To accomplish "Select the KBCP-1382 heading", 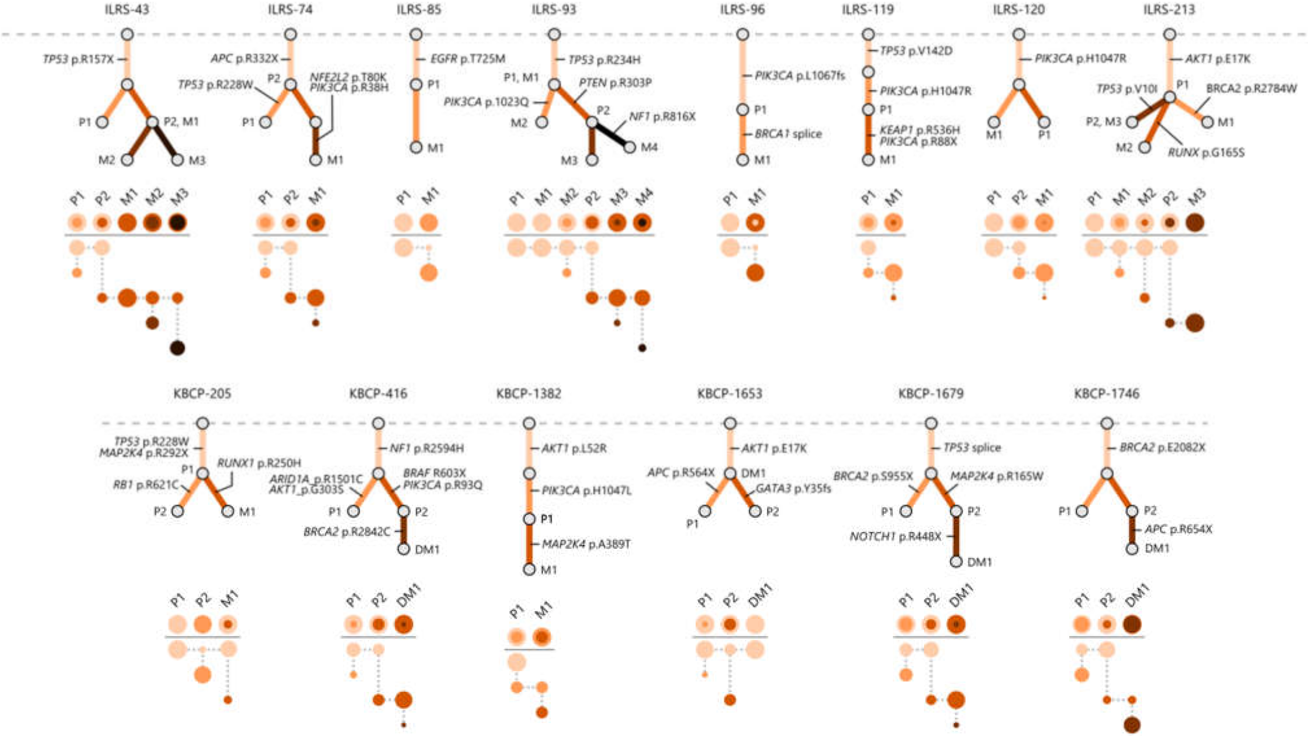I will (529, 394).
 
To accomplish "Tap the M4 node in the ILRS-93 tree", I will (630, 147).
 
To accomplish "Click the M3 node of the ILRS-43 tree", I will (177, 160).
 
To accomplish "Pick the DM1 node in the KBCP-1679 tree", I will (956, 562).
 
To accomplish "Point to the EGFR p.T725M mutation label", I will (468, 59).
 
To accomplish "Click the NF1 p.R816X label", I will (662, 117).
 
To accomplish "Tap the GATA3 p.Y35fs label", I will (793, 489).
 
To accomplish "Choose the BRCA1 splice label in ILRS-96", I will (787, 134).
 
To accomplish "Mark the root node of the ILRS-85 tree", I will (416, 34).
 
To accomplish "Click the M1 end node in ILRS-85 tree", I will (416, 147).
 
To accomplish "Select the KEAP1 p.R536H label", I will (919, 130).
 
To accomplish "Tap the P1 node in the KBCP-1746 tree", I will (1082, 511).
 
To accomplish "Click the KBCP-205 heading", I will (202, 394).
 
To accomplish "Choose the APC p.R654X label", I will (1178, 529).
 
